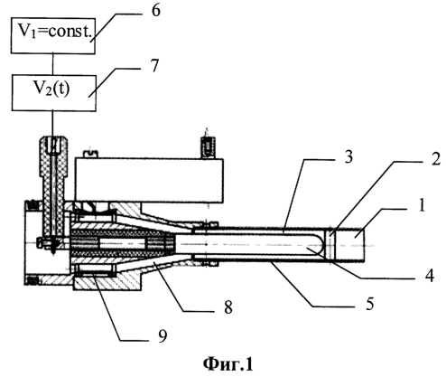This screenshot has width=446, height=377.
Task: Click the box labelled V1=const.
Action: [53, 35]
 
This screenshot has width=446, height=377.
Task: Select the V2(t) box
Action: [54, 93]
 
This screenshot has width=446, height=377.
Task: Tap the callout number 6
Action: [155, 11]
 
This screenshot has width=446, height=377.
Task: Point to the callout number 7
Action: [154, 65]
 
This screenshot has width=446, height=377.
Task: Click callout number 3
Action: [348, 156]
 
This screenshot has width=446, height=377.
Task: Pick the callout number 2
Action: [436, 159]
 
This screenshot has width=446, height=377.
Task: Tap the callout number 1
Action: [422, 205]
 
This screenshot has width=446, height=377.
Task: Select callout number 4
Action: [430, 276]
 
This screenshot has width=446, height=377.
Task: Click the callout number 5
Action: [370, 304]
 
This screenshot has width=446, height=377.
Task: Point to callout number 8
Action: [228, 307]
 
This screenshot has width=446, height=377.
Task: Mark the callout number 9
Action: [163, 336]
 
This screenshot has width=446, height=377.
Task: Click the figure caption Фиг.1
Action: [228, 364]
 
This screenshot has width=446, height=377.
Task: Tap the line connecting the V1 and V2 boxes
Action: [53, 64]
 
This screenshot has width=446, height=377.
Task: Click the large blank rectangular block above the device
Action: [149, 180]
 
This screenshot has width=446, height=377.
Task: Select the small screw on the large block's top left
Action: [90, 154]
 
